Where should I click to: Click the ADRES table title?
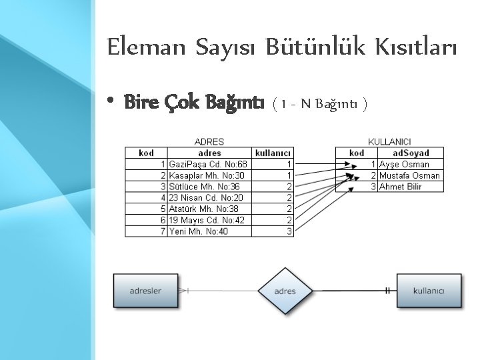click(x=209, y=142)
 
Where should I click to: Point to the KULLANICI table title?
click(x=389, y=142)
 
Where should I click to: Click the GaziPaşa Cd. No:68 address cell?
click(x=209, y=164)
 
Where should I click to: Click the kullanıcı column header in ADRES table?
click(x=273, y=153)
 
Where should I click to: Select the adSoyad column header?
click(x=409, y=153)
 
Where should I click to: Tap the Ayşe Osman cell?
click(x=404, y=164)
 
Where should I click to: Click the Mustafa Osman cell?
click(x=409, y=175)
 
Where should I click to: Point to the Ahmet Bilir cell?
click(x=400, y=187)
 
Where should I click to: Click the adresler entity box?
click(x=145, y=291)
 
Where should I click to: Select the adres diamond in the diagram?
click(x=285, y=291)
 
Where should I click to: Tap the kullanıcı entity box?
click(x=429, y=291)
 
